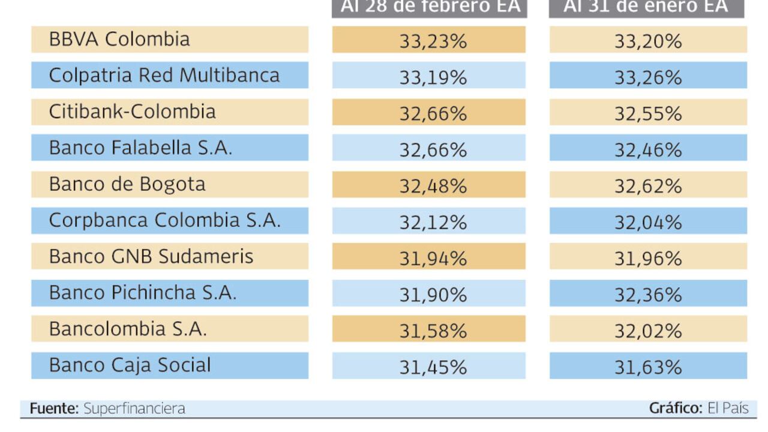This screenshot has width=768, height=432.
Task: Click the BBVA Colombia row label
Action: (119, 40)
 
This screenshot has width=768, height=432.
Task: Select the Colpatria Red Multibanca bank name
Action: (164, 76)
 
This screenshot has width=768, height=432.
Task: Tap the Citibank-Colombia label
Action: (133, 112)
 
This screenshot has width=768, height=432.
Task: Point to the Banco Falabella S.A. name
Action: (140, 148)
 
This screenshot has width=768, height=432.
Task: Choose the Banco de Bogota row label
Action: (127, 184)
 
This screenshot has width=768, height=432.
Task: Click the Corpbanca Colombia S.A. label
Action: (165, 220)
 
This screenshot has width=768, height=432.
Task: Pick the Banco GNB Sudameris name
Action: (151, 257)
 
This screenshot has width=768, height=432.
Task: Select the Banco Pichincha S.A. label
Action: (143, 293)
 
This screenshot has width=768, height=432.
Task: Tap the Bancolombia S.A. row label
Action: (128, 329)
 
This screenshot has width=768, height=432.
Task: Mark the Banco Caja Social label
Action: (130, 365)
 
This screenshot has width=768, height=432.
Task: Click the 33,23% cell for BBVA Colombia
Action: (433, 41)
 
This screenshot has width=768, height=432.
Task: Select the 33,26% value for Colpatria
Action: (648, 77)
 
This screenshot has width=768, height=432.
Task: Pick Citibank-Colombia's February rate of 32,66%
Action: (433, 113)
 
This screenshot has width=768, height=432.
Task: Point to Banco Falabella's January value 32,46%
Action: (648, 149)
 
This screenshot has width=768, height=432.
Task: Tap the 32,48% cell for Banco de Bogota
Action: (433, 186)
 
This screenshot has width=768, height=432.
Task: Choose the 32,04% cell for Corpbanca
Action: (648, 222)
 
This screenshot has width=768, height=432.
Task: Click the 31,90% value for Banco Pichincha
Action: (433, 295)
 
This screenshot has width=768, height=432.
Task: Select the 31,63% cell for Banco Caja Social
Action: (648, 367)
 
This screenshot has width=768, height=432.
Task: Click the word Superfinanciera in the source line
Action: (134, 409)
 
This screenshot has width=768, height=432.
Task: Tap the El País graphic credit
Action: (728, 409)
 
